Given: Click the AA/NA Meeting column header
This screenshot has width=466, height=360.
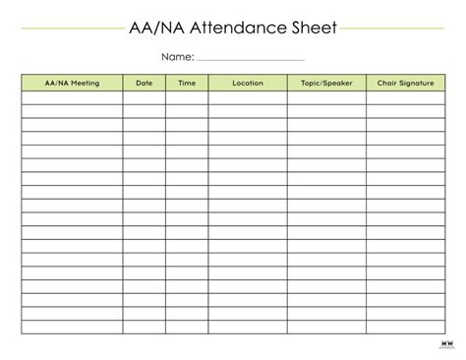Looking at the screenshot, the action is [72, 83].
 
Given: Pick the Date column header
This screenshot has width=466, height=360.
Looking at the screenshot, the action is [145, 83].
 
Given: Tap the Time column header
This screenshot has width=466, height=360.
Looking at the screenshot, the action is [187, 83].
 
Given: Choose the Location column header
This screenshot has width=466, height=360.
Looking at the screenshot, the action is [248, 83].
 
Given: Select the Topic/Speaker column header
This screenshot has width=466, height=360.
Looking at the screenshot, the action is [326, 83].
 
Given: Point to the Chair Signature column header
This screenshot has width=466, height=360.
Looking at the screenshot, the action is [404, 83].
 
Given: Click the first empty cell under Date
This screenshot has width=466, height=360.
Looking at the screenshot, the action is [145, 97].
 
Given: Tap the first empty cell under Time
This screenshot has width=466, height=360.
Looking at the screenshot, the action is [187, 97].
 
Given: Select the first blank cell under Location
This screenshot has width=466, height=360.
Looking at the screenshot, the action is [248, 97].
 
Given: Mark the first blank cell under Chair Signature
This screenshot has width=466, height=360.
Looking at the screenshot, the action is [404, 97].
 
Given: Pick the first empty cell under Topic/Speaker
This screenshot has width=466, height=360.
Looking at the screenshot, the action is [326, 97].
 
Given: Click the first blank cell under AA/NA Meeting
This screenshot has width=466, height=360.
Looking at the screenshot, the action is [72, 97].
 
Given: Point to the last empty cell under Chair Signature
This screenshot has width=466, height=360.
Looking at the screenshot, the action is [404, 327].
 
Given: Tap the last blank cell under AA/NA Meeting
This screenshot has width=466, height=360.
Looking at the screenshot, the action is [72, 327].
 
